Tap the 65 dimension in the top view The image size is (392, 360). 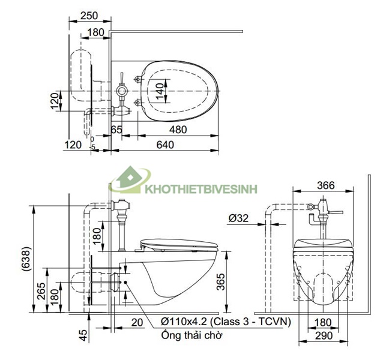tap(116, 130)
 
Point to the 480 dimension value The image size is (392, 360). tap(177, 130)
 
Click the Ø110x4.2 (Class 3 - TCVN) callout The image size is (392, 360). tap(226, 322)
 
